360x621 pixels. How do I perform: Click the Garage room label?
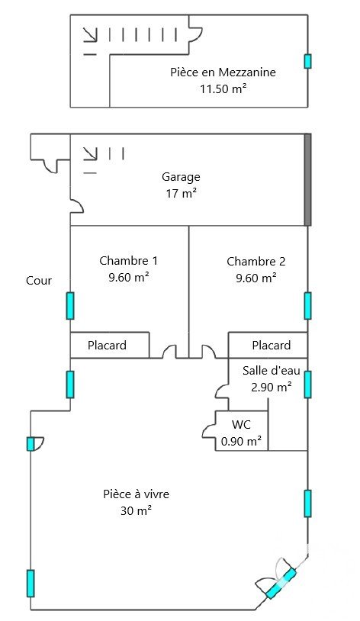tap(181, 177)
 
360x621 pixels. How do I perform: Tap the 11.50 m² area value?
tap(223, 88)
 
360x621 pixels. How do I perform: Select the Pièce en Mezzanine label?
tap(223, 72)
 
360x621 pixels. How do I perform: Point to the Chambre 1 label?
tap(128, 261)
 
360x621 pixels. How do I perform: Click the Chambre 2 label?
tap(256, 262)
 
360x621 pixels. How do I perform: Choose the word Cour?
tap(39, 281)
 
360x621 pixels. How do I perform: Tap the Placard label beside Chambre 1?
tap(107, 345)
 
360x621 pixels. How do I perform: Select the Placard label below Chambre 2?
tap(272, 345)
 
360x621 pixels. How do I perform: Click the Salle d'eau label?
tap(272, 370)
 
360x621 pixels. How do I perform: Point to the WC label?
tap(241, 425)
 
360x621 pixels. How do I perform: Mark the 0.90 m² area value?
tap(241, 441)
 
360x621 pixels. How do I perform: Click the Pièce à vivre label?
tap(136, 494)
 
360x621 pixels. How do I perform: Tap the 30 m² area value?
tap(137, 510)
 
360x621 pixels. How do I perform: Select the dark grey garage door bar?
tap(307, 180)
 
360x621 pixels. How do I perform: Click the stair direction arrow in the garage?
tap(90, 153)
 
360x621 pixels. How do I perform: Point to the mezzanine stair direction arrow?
tap(90, 34)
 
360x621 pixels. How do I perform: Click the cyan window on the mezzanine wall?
tap(307, 61)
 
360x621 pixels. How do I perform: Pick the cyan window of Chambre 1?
tap(70, 306)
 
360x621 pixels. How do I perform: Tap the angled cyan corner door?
tap(281, 583)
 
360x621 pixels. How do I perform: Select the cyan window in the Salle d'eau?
tap(307, 385)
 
